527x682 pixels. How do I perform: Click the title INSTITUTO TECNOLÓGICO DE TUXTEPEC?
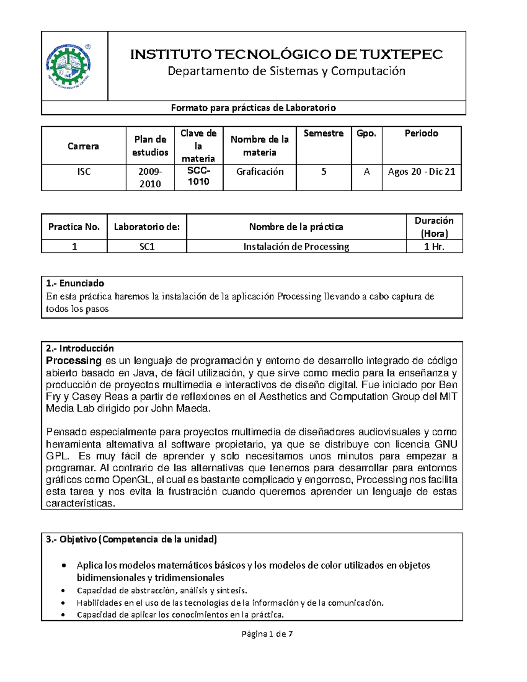coord(286,54)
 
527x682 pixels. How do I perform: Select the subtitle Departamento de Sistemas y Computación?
coord(286,71)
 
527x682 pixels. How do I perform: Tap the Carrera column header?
coord(83,146)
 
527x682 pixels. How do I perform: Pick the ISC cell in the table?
coord(83,172)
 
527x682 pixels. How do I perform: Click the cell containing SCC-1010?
coord(199,176)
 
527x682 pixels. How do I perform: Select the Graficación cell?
coord(260,172)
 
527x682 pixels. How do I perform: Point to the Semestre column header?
coord(323,134)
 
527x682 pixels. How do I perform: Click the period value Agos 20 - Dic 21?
coord(421,172)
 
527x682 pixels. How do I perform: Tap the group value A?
coord(366,172)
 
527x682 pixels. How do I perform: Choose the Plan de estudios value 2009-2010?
coord(150,177)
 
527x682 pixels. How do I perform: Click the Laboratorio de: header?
coord(147,227)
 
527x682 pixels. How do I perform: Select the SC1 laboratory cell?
coord(147,247)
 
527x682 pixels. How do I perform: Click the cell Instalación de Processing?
coord(296,247)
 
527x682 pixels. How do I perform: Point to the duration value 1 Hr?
coord(434,247)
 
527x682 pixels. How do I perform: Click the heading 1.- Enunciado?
coord(75,283)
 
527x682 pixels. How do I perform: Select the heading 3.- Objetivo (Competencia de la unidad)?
coord(131,540)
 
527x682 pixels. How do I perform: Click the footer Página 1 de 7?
coord(267,634)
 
